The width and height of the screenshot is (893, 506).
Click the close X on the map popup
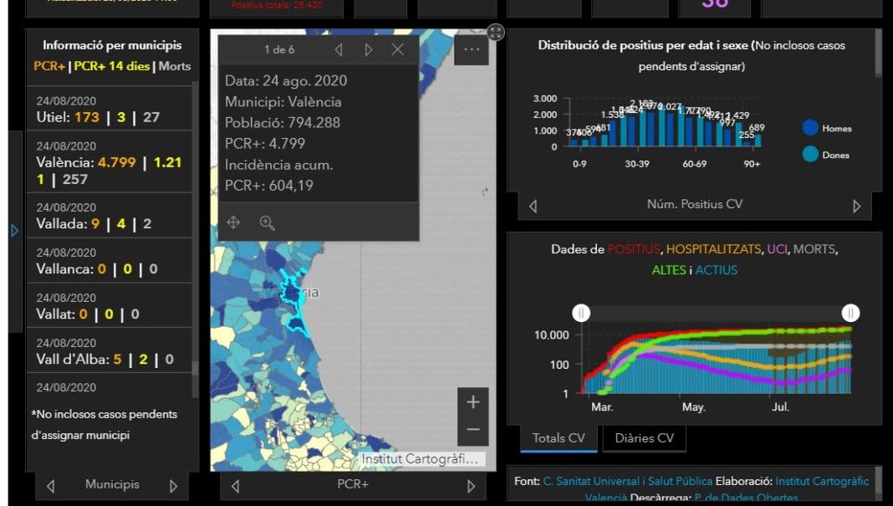tap(397, 49)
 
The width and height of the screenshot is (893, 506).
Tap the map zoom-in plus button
tap(472, 401)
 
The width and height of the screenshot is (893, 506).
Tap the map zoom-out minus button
tap(472, 430)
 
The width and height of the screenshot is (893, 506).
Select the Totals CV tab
tap(559, 437)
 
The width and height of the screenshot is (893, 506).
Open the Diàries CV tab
tap(644, 437)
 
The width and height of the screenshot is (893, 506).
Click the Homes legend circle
tap(809, 128)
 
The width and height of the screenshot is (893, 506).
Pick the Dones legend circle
tap(809, 154)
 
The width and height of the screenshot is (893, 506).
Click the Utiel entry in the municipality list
tap(109, 110)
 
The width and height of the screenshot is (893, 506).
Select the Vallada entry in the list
tap(109, 216)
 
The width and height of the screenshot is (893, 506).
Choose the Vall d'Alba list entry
tap(109, 351)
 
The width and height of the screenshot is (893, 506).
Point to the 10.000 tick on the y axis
tap(551, 335)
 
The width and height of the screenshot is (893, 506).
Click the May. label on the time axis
tap(693, 407)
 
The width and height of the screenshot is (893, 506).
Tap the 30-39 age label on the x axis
tap(637, 164)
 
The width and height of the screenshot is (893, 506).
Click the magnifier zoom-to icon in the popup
tap(267, 222)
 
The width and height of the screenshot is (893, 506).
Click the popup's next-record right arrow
tap(368, 49)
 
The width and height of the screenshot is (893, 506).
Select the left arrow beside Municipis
tap(51, 486)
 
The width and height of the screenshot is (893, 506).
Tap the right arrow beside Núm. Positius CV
tap(856, 206)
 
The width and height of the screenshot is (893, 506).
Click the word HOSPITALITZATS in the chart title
tap(714, 249)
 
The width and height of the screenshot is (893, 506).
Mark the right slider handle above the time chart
tap(850, 313)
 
